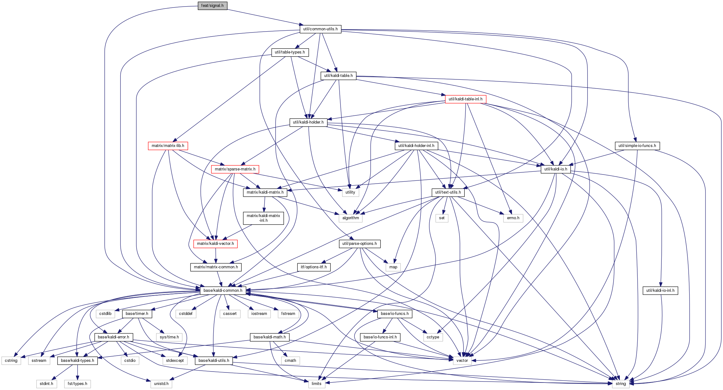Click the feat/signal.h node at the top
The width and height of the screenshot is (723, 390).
click(212, 6)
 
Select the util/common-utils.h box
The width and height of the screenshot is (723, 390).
click(321, 29)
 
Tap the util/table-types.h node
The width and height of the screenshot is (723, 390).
click(290, 52)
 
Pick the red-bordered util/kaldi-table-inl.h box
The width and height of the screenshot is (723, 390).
click(466, 99)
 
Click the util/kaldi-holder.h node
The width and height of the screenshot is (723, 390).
click(308, 122)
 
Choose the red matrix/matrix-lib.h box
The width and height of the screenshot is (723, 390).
click(168, 146)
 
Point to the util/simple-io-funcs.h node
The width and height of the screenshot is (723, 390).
click(637, 146)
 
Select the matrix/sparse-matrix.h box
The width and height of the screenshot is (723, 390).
click(235, 169)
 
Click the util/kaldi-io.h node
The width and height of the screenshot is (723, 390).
click(556, 169)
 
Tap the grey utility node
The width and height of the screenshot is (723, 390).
click(350, 192)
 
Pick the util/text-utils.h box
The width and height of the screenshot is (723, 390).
click(448, 192)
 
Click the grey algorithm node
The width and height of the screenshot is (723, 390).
click(351, 218)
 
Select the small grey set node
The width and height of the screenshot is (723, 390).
click(442, 218)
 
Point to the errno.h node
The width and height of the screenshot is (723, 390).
click(513, 218)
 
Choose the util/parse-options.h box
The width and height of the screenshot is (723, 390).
click(360, 244)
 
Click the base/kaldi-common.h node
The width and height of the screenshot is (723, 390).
click(223, 291)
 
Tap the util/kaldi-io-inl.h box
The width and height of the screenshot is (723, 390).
click(660, 291)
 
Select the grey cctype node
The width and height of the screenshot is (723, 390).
click(433, 337)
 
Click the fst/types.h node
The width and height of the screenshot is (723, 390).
click(78, 384)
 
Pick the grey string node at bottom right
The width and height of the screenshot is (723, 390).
click(621, 384)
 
